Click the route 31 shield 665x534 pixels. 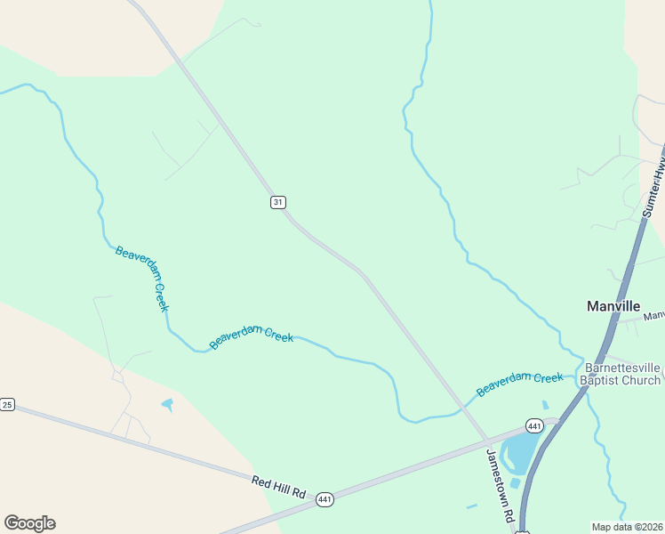tap(278, 203)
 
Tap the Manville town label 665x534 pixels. tap(613, 306)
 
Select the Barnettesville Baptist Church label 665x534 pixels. tap(622, 374)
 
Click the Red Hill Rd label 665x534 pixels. tap(278, 487)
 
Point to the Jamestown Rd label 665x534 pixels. tap(500, 485)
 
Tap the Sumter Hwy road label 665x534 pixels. tap(654, 186)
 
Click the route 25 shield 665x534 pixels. tap(7, 405)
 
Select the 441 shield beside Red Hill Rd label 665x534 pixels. tap(325, 501)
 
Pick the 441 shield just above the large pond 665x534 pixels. tap(533, 426)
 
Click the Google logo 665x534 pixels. tap(29, 523)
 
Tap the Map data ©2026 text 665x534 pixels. tap(627, 526)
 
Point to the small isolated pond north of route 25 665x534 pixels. tap(167, 405)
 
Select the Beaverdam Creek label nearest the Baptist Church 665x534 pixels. tap(519, 384)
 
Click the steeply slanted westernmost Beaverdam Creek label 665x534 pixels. tap(141, 278)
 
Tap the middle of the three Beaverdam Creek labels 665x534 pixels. tap(252, 336)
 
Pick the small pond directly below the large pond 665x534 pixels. tap(516, 483)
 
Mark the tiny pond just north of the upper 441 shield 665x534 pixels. tap(545, 405)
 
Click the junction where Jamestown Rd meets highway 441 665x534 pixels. tap(488, 441)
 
